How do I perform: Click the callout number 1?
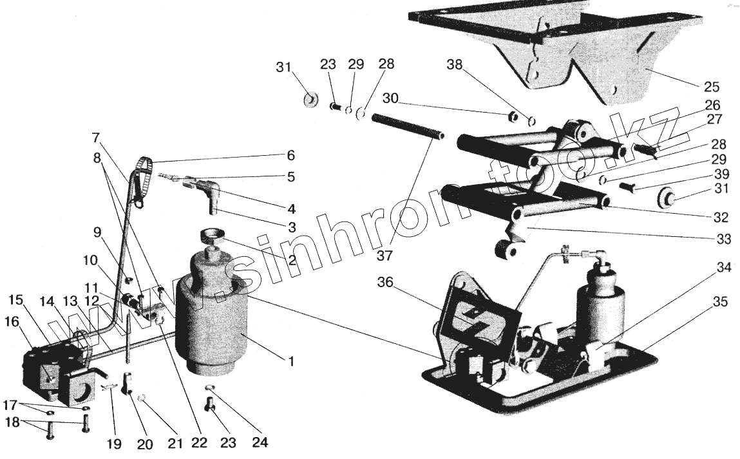[x=291, y=362]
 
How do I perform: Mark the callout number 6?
[x=291, y=156]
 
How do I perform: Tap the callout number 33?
[x=723, y=238]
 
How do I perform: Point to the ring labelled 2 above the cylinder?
[x=211, y=234]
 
